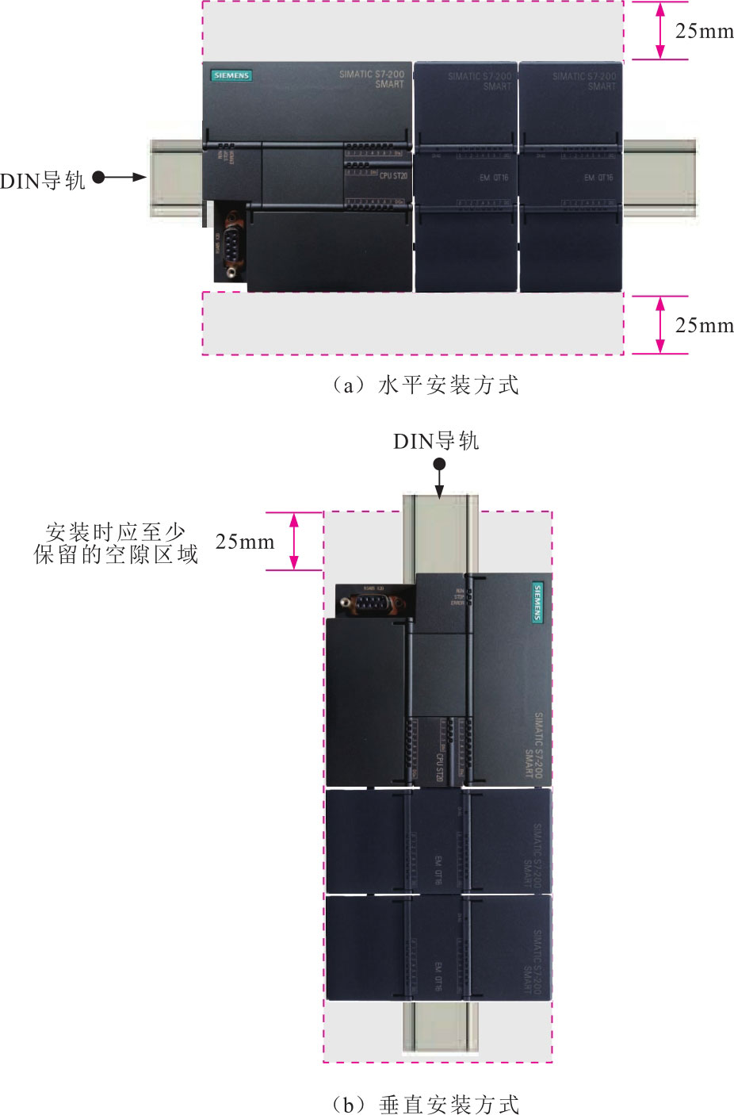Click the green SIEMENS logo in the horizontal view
tap(231, 75)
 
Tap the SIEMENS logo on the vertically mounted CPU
tap(537, 603)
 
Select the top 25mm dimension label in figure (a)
tap(704, 31)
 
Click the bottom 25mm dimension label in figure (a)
tap(704, 325)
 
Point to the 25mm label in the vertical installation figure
tap(244, 542)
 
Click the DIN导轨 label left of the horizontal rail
tap(43, 181)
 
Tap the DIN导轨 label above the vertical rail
tap(436, 441)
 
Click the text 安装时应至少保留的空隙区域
tap(116, 543)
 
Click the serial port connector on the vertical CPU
tap(369, 603)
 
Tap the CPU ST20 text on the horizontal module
tap(393, 175)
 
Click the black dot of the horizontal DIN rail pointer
tap(99, 177)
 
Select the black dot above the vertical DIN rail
tap(439, 465)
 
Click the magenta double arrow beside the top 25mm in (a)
tap(659, 30)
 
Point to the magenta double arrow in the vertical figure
tap(294, 541)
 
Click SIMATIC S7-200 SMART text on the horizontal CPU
tap(372, 79)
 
